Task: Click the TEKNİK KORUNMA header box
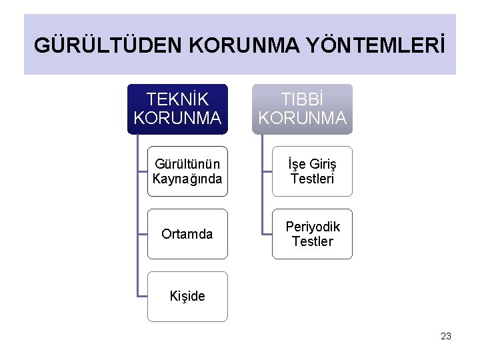[177, 109]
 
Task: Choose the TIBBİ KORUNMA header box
[302, 109]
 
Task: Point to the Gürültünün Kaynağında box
[187, 171]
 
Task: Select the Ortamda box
[187, 234]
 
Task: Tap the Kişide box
[187, 296]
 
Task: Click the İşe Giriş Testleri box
[312, 171]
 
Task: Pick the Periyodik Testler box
[312, 234]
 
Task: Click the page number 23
[446, 336]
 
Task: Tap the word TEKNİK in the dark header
[177, 100]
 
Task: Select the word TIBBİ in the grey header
[302, 100]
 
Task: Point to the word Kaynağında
[187, 179]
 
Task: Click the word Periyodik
[313, 227]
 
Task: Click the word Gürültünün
[187, 164]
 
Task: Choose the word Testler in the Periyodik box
[312, 241]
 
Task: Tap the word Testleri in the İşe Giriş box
[312, 179]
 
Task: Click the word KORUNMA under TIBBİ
[302, 118]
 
